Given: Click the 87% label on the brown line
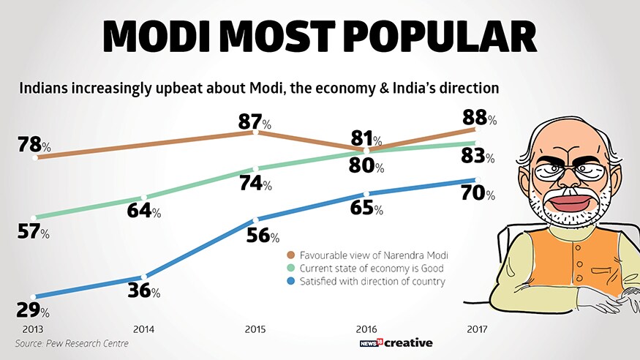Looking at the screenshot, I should [255, 121].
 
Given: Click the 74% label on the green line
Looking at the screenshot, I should [255, 184].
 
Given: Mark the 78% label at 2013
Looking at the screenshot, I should [34, 146].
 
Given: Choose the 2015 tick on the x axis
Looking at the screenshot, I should [255, 328].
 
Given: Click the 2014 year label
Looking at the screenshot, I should [143, 328].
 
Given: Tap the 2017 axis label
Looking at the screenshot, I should [478, 328].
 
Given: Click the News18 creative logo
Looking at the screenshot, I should [397, 342].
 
